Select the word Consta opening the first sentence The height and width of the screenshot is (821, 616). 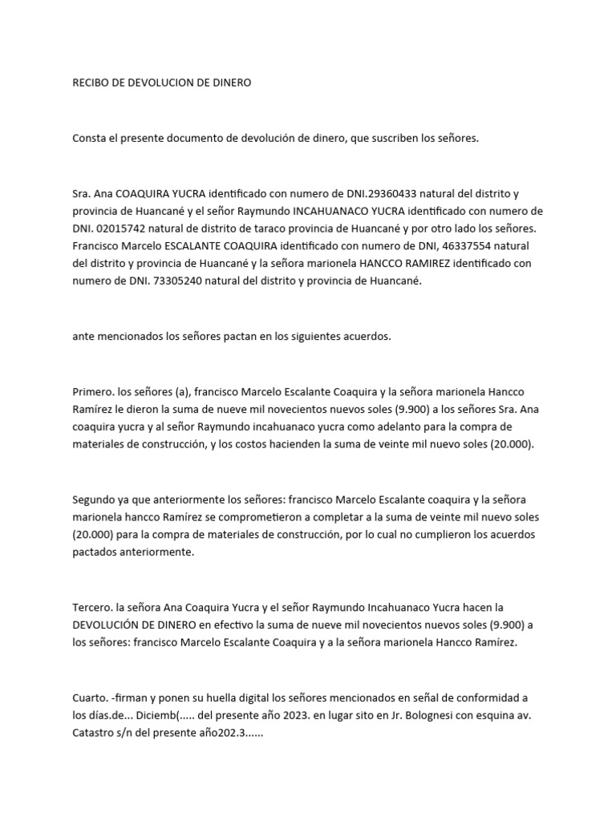(89, 138)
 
